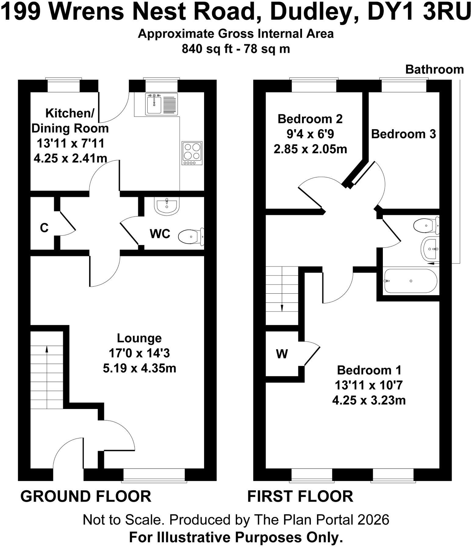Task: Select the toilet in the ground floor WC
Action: click(x=191, y=237)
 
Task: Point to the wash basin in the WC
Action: click(x=167, y=207)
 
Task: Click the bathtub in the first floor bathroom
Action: click(x=411, y=281)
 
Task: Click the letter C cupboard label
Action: click(x=44, y=228)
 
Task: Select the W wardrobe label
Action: click(x=282, y=354)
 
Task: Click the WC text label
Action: click(x=160, y=234)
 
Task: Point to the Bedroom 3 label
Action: click(x=403, y=134)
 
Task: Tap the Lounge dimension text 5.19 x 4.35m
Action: click(x=139, y=368)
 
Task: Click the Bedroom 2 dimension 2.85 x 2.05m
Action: click(x=310, y=149)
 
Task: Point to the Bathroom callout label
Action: click(x=434, y=70)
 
